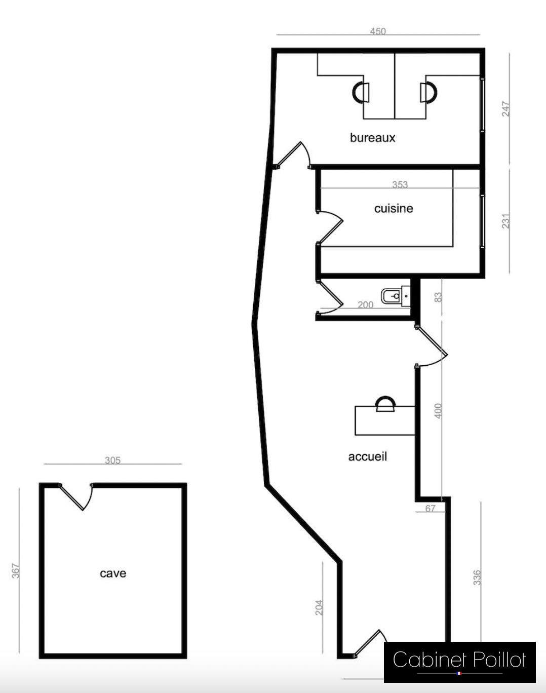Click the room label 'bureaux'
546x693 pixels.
point(372,138)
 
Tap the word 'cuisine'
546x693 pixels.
point(394,209)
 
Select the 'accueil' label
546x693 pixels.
point(367,456)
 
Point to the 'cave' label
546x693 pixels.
point(113,573)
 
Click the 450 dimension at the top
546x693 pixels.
point(378,31)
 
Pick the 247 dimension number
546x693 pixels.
point(506,109)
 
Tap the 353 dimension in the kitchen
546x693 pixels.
point(400,184)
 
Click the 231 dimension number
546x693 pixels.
point(506,221)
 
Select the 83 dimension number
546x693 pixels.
point(438,297)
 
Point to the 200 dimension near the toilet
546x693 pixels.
point(365,304)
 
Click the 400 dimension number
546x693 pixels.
point(438,411)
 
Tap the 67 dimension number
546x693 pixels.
point(431,508)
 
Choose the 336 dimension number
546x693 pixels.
point(477,577)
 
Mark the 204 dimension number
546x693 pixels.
point(319,607)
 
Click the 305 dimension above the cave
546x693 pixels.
point(112,460)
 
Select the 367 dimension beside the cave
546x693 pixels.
point(16,570)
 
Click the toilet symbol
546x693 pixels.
point(396,296)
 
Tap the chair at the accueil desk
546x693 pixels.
point(385,404)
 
